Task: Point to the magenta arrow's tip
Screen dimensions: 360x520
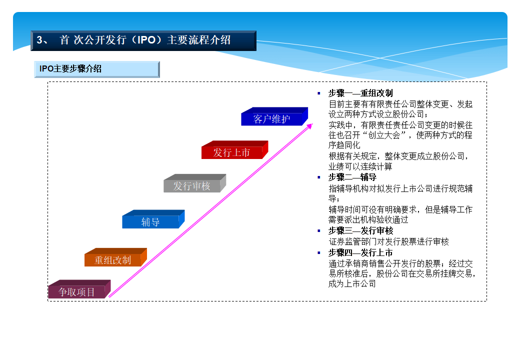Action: pos(311,124)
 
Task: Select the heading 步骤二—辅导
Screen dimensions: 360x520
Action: pos(352,177)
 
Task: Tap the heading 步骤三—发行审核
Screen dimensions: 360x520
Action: pos(360,230)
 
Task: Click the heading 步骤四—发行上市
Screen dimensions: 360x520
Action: pos(360,252)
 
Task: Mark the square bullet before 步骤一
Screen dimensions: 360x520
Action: pos(319,93)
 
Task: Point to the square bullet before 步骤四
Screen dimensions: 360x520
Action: pos(319,252)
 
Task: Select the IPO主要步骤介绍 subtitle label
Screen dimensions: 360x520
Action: pos(71,69)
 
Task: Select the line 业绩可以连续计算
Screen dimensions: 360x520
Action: pos(360,166)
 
